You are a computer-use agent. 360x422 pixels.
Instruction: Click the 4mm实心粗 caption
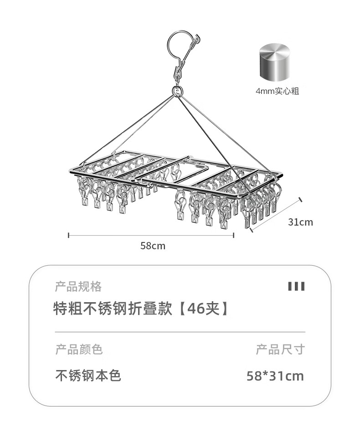click(277, 91)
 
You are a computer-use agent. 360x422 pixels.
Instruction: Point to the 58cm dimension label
click(153, 246)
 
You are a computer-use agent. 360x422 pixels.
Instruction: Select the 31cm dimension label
click(301, 222)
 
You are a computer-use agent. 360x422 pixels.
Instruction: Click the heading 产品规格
click(78, 287)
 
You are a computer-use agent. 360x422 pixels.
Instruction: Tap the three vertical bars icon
click(296, 286)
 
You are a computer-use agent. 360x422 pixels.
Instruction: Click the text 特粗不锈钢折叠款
click(113, 309)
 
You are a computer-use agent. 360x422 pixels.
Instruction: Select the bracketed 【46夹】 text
click(203, 309)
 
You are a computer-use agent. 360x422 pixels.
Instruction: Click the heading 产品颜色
click(79, 350)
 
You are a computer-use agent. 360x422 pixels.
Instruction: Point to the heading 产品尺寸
click(280, 350)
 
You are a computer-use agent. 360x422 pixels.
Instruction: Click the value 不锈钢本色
click(88, 376)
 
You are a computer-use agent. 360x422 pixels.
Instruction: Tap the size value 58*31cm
click(275, 376)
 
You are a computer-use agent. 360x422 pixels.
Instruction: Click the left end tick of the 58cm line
click(69, 235)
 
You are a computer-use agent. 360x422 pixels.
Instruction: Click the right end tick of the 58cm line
click(233, 235)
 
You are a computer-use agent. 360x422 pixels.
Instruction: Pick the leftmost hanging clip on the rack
click(84, 193)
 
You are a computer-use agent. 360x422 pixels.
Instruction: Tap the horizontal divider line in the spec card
click(180, 332)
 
